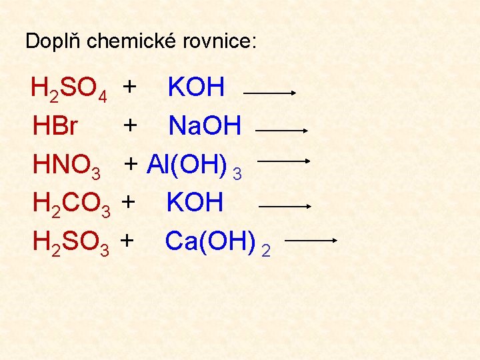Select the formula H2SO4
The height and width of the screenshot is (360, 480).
(x=69, y=89)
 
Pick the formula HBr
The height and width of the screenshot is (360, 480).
(x=55, y=126)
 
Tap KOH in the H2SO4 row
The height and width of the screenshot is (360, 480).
(x=197, y=87)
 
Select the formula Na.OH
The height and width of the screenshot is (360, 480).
(x=205, y=126)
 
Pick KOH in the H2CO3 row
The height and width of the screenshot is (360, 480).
(x=195, y=203)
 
